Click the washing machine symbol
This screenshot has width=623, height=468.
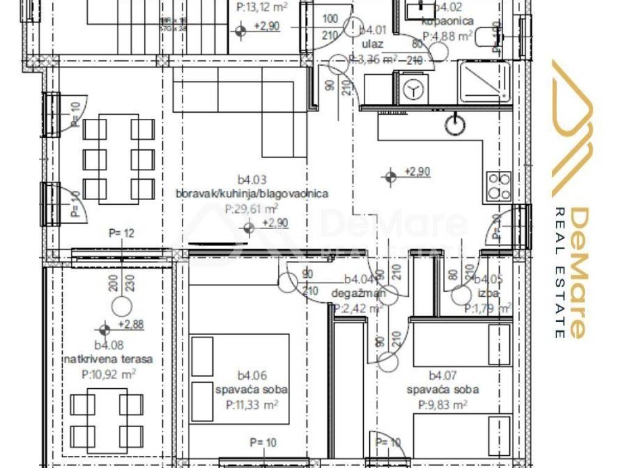tap(414, 89)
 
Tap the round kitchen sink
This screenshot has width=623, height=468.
tap(454, 125)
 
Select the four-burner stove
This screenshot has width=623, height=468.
tap(499, 186)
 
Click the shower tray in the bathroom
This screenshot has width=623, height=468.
tap(484, 82)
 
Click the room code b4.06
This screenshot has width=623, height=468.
tap(252, 375)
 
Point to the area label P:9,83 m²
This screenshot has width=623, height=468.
tap(442, 404)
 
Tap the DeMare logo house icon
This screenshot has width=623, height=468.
tap(572, 128)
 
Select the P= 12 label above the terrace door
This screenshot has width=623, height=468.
tap(121, 232)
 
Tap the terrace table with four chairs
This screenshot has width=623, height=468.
tap(107, 420)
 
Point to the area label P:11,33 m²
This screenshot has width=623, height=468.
tap(252, 404)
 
